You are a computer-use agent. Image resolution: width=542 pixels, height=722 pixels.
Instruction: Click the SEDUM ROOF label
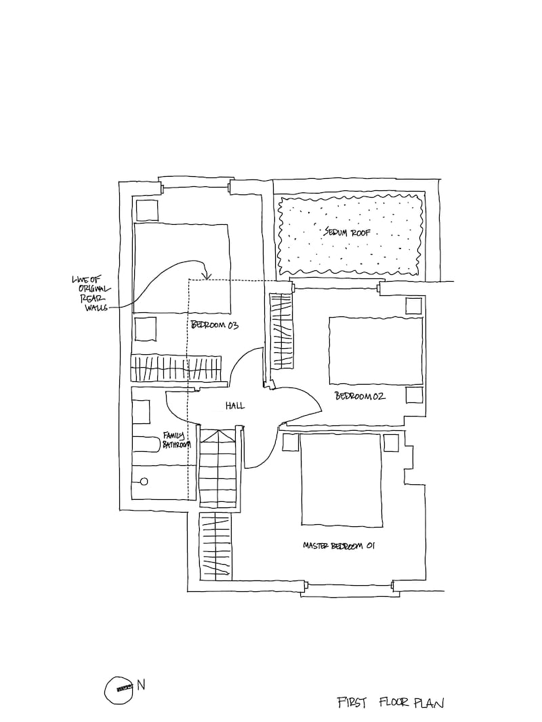tap(350, 232)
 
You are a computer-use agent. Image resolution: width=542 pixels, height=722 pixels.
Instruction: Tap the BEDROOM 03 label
tap(216, 326)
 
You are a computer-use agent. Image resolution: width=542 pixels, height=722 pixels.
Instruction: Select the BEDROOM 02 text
tap(360, 396)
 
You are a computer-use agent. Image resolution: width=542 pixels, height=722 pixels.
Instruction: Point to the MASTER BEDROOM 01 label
tap(339, 545)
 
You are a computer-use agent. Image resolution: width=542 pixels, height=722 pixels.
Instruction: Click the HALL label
tap(235, 406)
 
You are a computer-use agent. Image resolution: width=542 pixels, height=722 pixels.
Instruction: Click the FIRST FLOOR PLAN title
tap(390, 702)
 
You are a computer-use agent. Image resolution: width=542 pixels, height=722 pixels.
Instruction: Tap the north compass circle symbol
tap(118, 688)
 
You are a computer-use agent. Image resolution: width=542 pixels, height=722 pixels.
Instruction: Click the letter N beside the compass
tap(141, 685)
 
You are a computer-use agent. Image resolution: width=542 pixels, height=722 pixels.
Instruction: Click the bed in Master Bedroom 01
tap(341, 480)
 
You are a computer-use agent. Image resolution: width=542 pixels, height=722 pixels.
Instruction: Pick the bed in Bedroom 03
tap(182, 269)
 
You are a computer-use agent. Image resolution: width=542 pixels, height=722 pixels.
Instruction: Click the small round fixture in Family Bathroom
tap(144, 482)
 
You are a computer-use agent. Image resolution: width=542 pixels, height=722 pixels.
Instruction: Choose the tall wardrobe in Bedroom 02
tap(282, 330)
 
